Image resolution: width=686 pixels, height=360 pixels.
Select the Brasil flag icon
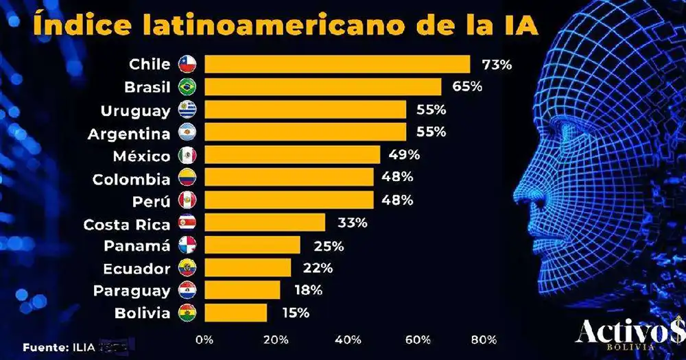pos(187,87)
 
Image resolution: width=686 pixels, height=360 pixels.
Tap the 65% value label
pos(467,87)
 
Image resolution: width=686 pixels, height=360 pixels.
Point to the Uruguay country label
pos(135,110)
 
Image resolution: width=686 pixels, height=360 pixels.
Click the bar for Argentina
pos(305,132)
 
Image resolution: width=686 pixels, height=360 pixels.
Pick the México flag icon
pos(187,156)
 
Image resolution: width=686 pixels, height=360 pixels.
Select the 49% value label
pos(405,154)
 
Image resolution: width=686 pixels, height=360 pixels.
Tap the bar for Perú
pos(289,200)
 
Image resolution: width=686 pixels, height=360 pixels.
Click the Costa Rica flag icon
pos(187,223)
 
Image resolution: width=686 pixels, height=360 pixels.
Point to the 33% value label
pos(352,222)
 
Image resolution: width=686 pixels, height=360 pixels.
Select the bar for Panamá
pos(252,245)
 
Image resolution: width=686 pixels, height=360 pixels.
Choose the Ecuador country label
pos(137,267)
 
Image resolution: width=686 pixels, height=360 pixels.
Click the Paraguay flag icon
pos(187,290)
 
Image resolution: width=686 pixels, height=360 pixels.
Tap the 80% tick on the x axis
pos(484,339)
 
